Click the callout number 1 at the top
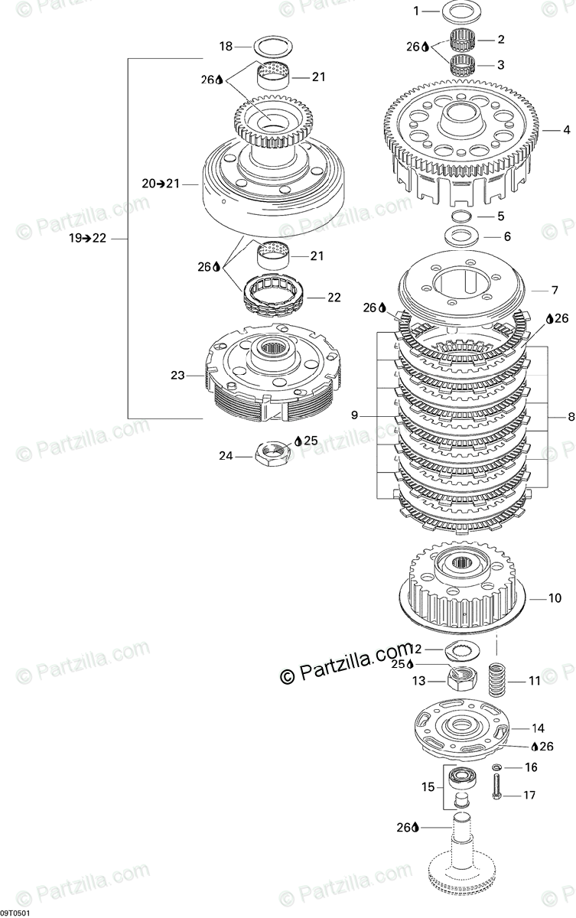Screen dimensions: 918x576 (x=416, y=11)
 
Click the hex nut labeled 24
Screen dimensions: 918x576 (x=271, y=455)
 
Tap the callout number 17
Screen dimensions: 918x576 (x=529, y=795)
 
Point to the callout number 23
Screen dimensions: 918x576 (x=177, y=376)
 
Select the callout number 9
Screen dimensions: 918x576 (x=354, y=415)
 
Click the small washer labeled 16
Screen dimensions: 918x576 (x=497, y=767)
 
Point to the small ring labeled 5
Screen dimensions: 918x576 (x=463, y=216)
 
